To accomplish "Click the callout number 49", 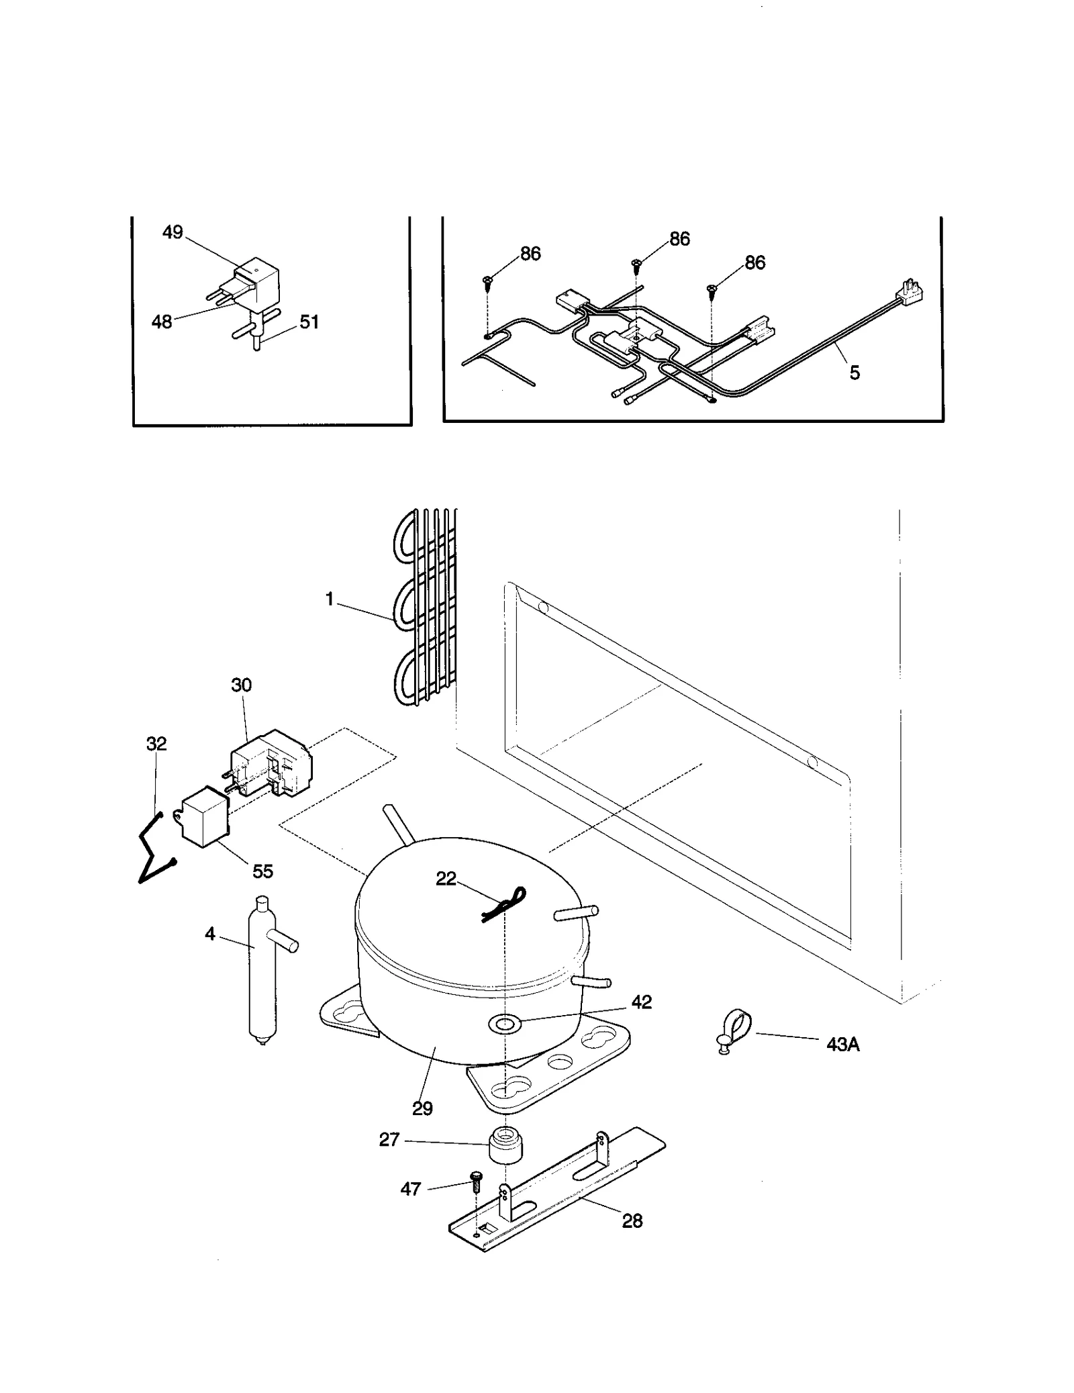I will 173,232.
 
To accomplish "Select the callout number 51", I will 309,322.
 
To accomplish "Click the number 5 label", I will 855,373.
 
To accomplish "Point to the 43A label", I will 843,1044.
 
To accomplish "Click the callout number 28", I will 632,1221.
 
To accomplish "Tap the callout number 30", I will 241,685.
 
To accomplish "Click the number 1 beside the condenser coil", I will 330,599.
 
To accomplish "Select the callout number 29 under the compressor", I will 422,1108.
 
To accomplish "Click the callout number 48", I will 162,322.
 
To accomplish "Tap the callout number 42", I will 642,1002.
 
